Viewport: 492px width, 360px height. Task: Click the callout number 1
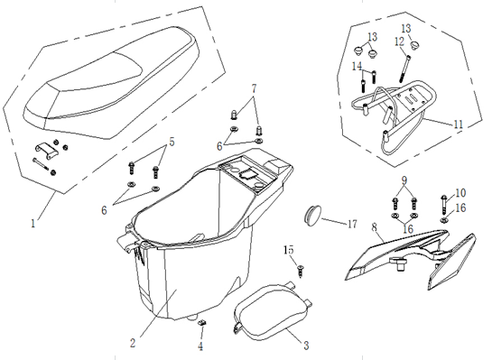click(32, 224)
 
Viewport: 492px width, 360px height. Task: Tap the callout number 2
click(133, 343)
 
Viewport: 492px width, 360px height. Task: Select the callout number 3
click(306, 346)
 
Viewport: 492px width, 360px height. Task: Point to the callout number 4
click(200, 346)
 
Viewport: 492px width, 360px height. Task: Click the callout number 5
click(172, 142)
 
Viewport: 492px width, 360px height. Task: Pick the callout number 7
click(254, 88)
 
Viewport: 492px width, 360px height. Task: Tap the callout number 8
click(375, 227)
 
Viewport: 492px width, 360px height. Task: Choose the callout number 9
click(404, 180)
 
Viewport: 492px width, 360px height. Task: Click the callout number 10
click(460, 192)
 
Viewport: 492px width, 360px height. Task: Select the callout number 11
click(459, 125)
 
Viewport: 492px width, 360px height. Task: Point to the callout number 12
click(399, 42)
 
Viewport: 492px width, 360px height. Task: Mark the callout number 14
click(357, 66)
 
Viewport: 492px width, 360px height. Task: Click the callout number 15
click(289, 250)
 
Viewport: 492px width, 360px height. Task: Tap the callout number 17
click(352, 224)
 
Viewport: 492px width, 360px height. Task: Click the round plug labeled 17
click(313, 214)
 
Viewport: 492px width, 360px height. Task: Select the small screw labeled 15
click(301, 271)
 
